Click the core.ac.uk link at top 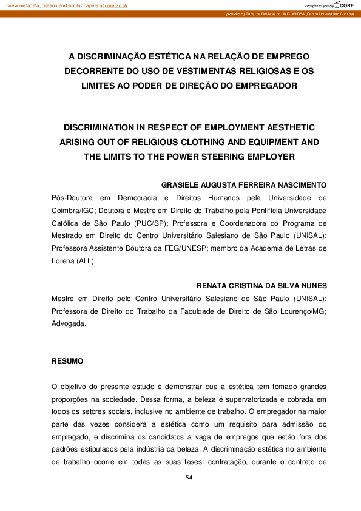click(116, 5)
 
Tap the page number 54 click(189, 478)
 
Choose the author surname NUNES click(310, 285)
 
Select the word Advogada click(69, 324)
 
